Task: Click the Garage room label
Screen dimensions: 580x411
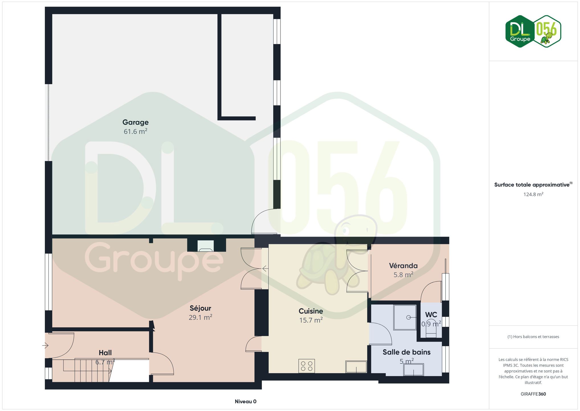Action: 135,122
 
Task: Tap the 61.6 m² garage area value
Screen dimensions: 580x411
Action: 135,131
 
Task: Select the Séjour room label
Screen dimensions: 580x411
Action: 200,308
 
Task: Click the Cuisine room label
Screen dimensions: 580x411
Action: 311,311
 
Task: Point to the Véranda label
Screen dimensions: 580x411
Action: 403,266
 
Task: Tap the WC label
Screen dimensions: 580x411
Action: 431,315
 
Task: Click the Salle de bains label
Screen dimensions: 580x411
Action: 406,352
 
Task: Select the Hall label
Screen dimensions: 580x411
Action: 105,353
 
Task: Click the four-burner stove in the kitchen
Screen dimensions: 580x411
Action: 307,366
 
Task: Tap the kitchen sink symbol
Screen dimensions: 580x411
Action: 356,367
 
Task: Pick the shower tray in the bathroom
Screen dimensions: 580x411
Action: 405,317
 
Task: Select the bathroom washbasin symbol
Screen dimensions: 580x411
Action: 414,370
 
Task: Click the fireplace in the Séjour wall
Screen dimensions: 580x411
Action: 205,246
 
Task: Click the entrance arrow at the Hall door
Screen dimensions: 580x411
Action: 45,346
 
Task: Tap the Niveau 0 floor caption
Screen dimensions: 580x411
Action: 245,402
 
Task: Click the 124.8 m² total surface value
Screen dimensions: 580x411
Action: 533,194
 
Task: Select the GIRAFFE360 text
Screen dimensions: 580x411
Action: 533,394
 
